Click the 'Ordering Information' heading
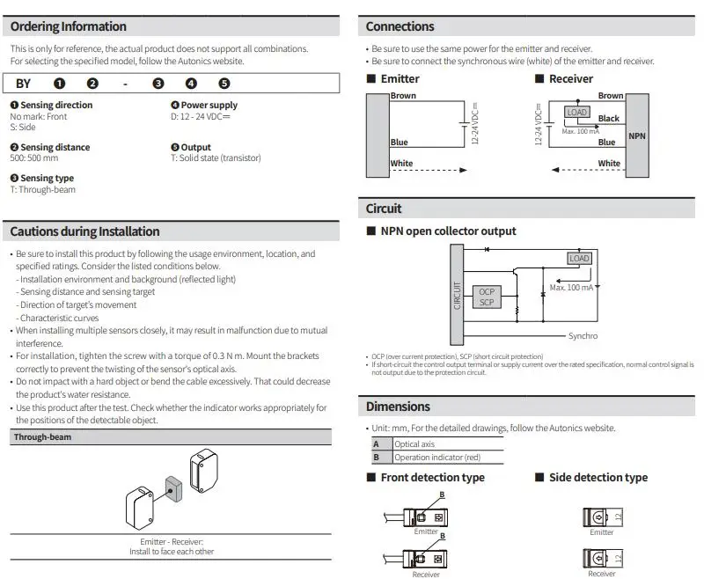pyautogui.click(x=69, y=26)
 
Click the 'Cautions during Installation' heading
pyautogui.click(x=84, y=231)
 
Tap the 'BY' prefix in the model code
pyautogui.click(x=23, y=84)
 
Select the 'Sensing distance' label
pyautogui.click(x=55, y=147)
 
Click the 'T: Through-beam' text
pyautogui.click(x=43, y=189)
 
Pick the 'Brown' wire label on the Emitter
pyautogui.click(x=403, y=96)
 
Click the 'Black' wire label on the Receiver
pyautogui.click(x=608, y=118)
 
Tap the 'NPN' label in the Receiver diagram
pyautogui.click(x=636, y=136)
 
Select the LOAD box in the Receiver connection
pyautogui.click(x=576, y=113)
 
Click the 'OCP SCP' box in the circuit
pyautogui.click(x=487, y=297)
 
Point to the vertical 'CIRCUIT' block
pyautogui.click(x=456, y=295)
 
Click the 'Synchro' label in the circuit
pyautogui.click(x=583, y=336)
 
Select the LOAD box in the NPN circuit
pyautogui.click(x=579, y=259)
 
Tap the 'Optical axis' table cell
pyautogui.click(x=414, y=444)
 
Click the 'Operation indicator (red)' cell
pyautogui.click(x=437, y=458)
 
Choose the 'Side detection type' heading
pyautogui.click(x=598, y=478)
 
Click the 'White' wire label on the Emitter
pyautogui.click(x=401, y=164)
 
